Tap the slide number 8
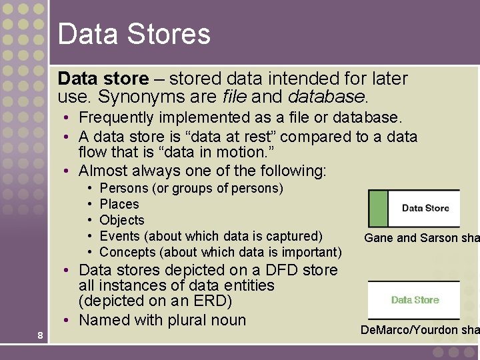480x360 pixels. [40, 335]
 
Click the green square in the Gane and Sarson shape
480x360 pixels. [378, 209]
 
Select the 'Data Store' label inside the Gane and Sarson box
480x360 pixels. [425, 208]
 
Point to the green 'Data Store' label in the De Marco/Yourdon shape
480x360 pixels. [415, 300]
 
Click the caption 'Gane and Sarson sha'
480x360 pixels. [421, 238]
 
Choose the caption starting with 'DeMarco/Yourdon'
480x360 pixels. [419, 330]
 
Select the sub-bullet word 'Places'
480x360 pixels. [119, 204]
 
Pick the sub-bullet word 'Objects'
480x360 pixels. [121, 220]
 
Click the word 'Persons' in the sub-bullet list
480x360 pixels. [124, 188]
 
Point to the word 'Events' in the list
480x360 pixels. [119, 236]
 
